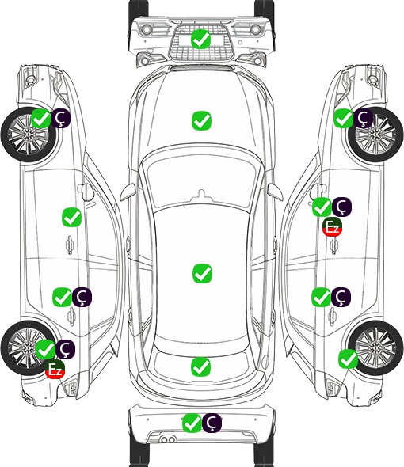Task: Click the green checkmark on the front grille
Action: tap(201, 39)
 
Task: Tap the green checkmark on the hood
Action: tap(201, 120)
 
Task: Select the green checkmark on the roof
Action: tap(202, 273)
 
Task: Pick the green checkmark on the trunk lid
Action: tap(200, 366)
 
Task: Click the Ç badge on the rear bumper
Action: tap(212, 423)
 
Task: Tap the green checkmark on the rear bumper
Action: tap(192, 423)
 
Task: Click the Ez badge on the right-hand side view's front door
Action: tap(332, 227)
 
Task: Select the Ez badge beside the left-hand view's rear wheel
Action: tap(55, 370)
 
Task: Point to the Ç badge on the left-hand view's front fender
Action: tap(61, 118)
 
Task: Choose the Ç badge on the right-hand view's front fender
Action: tap(363, 118)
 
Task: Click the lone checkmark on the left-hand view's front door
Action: tap(71, 217)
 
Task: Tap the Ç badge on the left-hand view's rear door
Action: tap(82, 297)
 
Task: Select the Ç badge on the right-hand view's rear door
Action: tap(341, 297)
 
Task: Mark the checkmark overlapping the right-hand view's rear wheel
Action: tap(348, 359)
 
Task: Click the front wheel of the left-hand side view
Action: tap(29, 135)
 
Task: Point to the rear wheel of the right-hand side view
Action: tap(375, 347)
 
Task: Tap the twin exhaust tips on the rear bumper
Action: tap(168, 440)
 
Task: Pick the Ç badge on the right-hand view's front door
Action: tap(341, 207)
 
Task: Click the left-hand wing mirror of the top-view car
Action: tap(128, 192)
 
